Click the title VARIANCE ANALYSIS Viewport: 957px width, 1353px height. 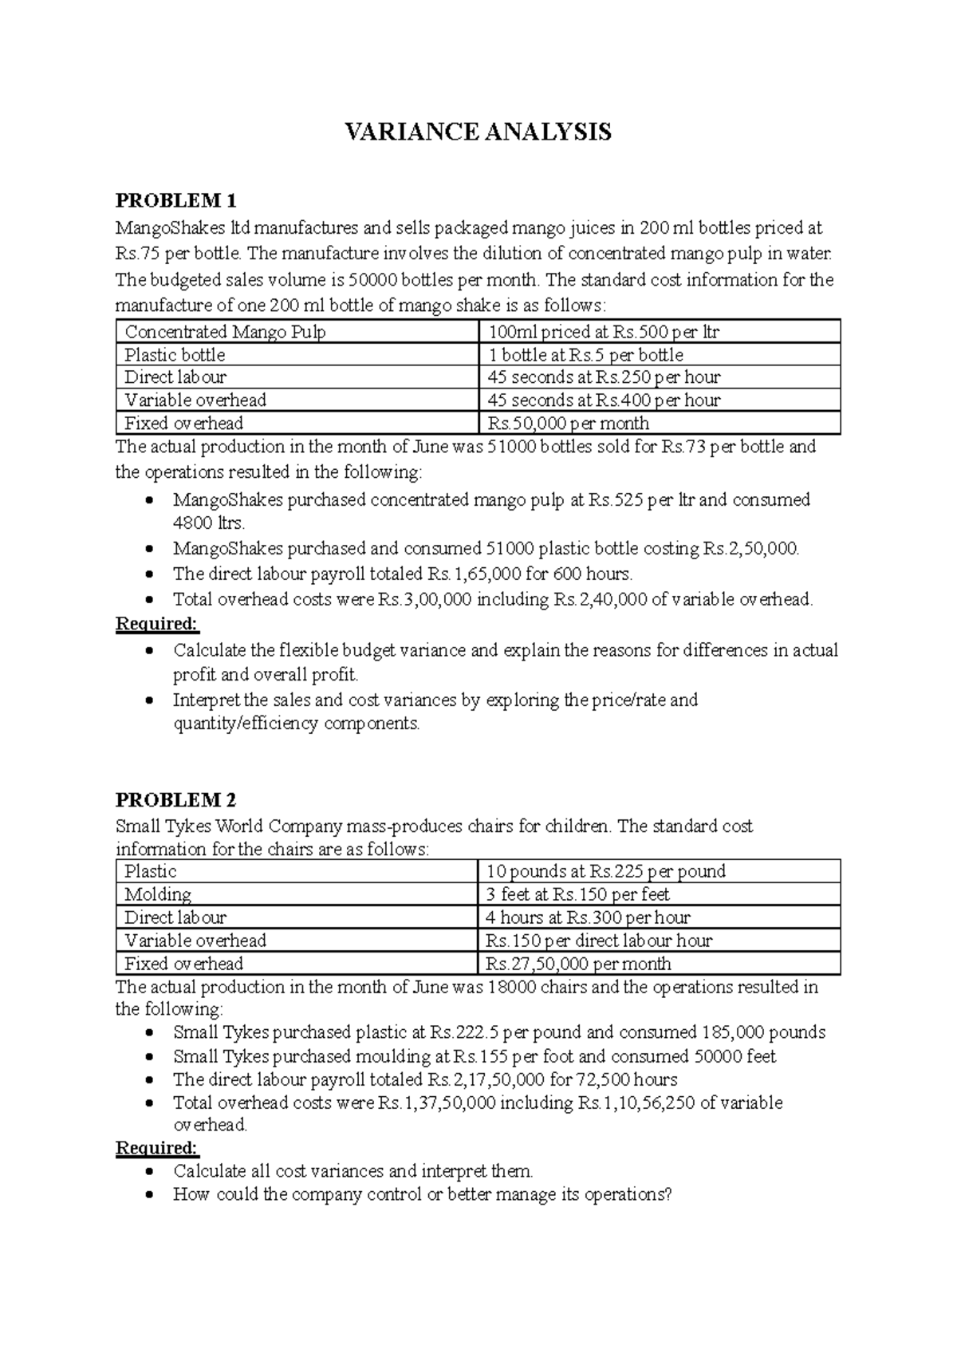pos(478,132)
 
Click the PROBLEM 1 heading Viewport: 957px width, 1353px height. pos(176,200)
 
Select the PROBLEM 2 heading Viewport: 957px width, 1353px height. pos(176,800)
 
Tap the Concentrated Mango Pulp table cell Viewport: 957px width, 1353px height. pos(226,332)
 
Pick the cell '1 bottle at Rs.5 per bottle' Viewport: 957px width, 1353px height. pos(585,355)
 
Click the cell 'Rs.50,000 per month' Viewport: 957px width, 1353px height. pos(569,424)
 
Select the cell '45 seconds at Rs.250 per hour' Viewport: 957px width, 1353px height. pos(604,377)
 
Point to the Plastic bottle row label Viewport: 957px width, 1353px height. pos(175,355)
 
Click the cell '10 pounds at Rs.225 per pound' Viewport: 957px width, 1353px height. pos(606,871)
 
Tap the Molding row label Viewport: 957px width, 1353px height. pos(158,894)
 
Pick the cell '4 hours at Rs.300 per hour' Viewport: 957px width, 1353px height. pos(589,917)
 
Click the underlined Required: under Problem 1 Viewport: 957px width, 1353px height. pos(157,623)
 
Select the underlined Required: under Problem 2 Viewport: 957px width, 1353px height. pos(157,1148)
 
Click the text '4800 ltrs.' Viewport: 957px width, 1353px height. pos(209,524)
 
